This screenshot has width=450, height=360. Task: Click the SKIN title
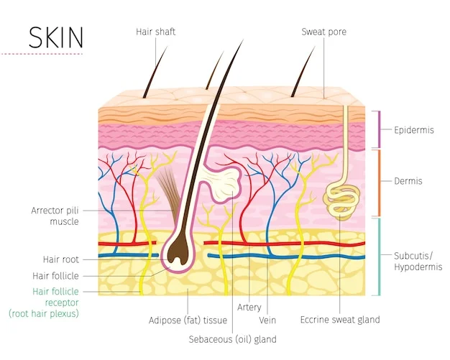(56, 37)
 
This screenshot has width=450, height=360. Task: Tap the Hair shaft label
(155, 32)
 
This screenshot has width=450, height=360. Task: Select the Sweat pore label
(323, 32)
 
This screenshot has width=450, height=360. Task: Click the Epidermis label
(413, 130)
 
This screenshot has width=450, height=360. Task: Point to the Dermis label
(408, 181)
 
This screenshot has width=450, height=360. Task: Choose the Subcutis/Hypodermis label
(418, 262)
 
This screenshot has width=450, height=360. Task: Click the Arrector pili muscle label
(55, 216)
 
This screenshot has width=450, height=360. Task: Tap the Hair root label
(61, 259)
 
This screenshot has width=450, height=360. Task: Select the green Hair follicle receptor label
(44, 303)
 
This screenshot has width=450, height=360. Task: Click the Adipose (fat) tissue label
(188, 320)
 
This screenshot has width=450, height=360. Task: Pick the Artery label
(249, 308)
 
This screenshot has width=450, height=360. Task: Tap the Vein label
(267, 320)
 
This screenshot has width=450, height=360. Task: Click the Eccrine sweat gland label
(340, 320)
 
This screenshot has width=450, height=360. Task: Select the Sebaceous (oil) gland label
(232, 339)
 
